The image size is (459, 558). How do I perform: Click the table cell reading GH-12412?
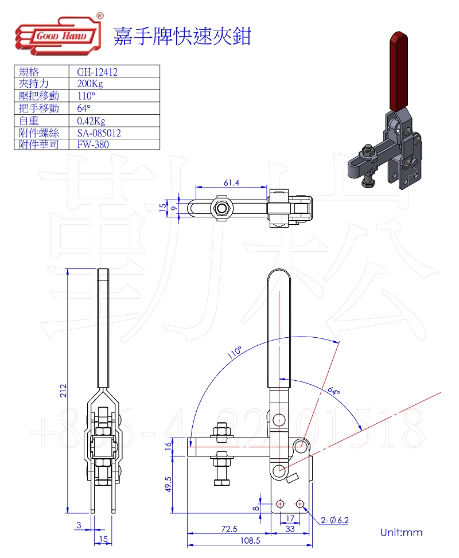click(x=97, y=72)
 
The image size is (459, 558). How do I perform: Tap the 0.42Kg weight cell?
click(x=91, y=120)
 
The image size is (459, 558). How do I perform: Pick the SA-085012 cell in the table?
click(x=99, y=132)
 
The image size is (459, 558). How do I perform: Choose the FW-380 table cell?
click(x=92, y=145)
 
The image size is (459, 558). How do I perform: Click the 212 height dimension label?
click(x=64, y=390)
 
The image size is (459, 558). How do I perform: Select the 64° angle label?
click(x=334, y=392)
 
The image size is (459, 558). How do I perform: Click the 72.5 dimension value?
click(x=229, y=529)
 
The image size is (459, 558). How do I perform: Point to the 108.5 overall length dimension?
click(x=250, y=540)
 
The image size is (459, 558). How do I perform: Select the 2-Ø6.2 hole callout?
click(x=335, y=520)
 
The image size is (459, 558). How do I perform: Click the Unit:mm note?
click(x=401, y=532)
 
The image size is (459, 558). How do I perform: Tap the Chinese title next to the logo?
click(x=182, y=36)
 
